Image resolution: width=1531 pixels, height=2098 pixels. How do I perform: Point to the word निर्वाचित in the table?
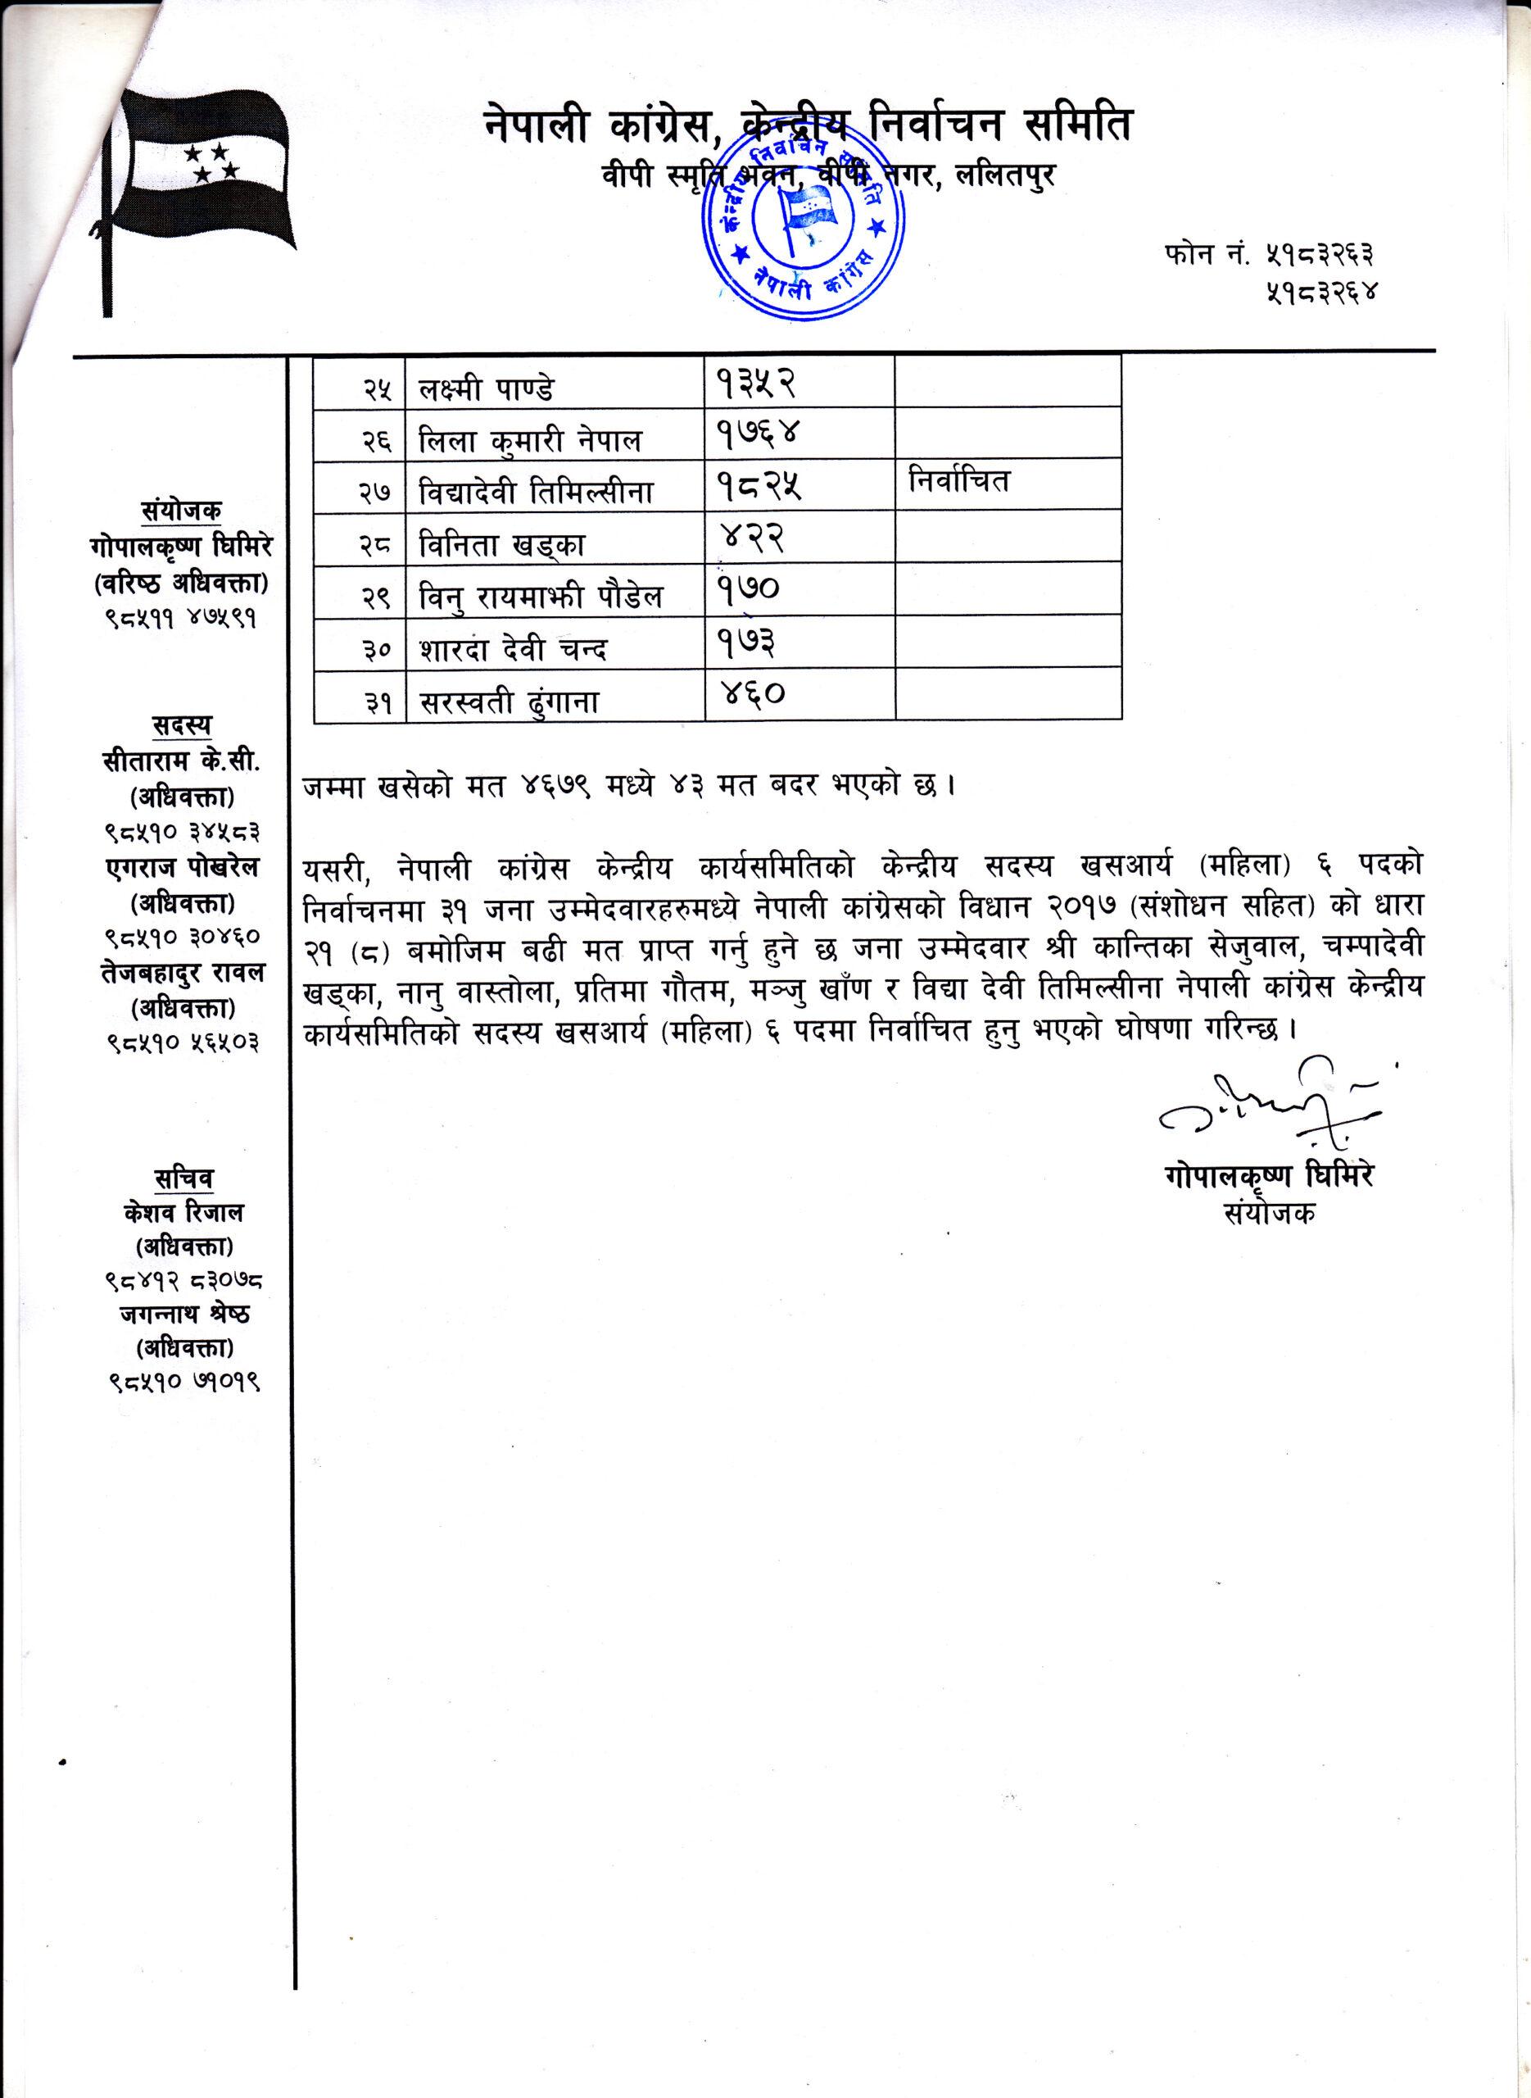pos(958,482)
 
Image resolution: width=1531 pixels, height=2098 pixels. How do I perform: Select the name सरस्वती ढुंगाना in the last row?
pos(509,702)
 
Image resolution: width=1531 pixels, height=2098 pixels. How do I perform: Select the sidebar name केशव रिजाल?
pos(183,1213)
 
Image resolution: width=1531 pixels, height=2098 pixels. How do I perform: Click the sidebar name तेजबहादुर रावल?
pos(183,973)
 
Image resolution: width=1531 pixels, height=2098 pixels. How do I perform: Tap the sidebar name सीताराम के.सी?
pos(183,761)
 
